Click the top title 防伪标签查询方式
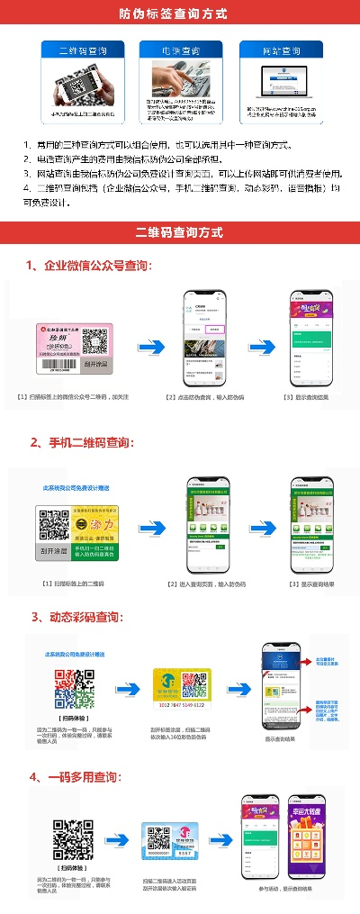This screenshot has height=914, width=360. click(x=180, y=14)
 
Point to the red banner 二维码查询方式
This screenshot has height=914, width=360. click(x=180, y=232)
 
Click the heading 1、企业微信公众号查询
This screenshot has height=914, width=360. click(x=89, y=267)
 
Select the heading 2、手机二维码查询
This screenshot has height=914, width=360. click(x=82, y=442)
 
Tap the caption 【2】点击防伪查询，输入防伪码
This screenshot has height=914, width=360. click(x=205, y=397)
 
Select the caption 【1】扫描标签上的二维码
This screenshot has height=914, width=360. click(x=73, y=584)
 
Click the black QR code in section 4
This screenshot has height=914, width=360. click(x=73, y=840)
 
